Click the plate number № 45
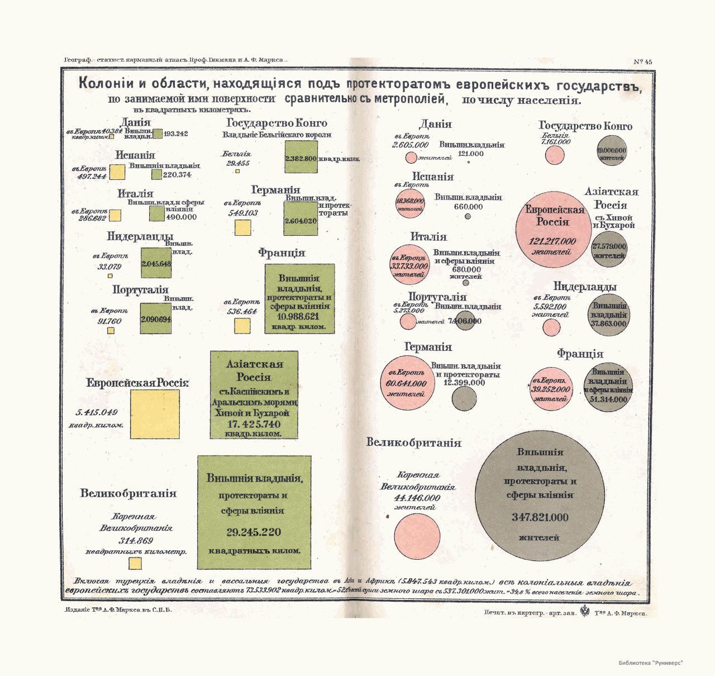643,62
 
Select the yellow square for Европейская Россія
155,414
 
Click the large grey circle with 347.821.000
540,496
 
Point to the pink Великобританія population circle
417,536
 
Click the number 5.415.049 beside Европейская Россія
97,412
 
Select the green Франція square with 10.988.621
299,299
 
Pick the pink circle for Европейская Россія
553,230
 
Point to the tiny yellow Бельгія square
237,171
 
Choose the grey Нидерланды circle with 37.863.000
609,315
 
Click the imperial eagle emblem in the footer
585,611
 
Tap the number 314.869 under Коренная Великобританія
136,541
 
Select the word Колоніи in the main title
106,84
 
